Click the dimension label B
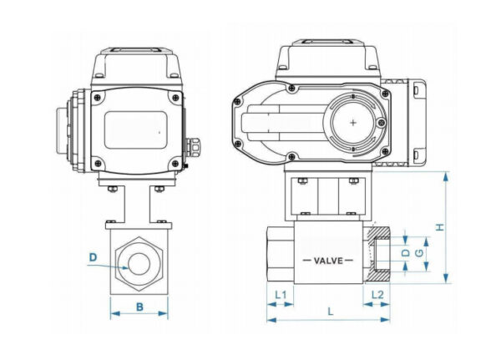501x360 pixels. tap(139, 306)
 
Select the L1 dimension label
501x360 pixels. tap(281, 295)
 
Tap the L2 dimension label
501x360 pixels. tap(377, 295)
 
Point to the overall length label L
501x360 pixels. tap(331, 311)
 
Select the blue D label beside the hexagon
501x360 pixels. tap(94, 256)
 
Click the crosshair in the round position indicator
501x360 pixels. tap(354, 123)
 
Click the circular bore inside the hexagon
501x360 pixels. tap(139, 265)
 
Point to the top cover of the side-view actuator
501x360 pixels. tap(326, 57)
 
